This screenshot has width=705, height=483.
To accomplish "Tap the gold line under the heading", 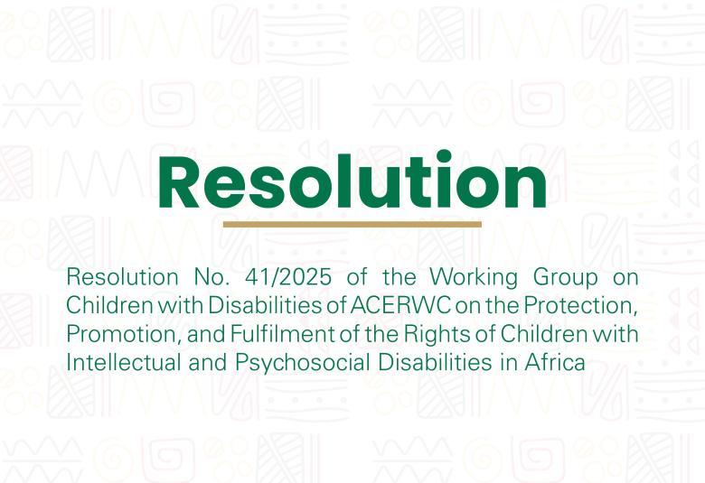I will (x=352, y=224).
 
